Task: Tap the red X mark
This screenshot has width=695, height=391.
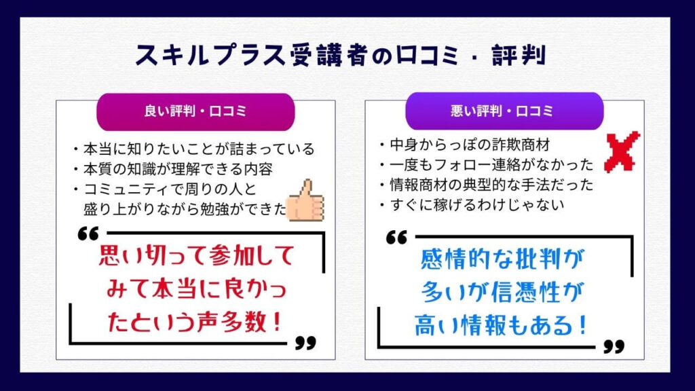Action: click(622, 151)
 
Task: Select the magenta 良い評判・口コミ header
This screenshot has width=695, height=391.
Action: click(195, 112)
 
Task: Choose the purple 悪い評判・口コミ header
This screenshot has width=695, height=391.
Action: click(504, 111)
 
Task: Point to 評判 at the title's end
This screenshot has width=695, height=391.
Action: click(519, 55)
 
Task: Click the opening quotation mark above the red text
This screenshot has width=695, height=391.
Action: click(88, 234)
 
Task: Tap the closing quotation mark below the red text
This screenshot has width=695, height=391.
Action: click(306, 343)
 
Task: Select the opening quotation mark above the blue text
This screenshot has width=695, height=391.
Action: click(396, 237)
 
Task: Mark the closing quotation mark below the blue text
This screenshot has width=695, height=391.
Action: click(614, 346)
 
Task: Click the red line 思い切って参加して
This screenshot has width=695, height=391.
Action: click(196, 255)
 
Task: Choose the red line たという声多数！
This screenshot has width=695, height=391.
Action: click(195, 322)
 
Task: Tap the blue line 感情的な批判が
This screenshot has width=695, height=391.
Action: click(502, 259)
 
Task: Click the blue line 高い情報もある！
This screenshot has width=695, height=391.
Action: click(501, 325)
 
